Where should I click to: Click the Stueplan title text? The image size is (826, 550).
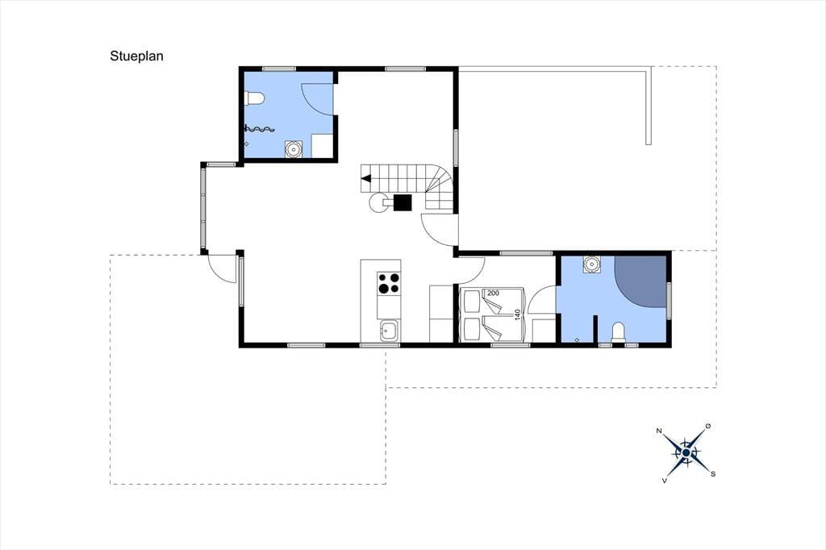(x=136, y=56)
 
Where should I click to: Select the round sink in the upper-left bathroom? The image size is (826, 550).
(x=293, y=148)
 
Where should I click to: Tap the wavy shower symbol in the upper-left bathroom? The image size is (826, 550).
(x=260, y=128)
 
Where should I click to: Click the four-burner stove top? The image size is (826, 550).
(x=388, y=282)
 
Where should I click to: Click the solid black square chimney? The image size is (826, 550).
(x=403, y=202)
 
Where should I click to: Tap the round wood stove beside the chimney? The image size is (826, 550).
(x=378, y=202)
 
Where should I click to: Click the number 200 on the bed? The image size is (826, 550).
(x=493, y=293)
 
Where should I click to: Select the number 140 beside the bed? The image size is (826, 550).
(x=517, y=315)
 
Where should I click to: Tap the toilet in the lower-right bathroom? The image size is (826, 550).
(x=619, y=332)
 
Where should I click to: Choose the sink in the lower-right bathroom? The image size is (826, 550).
(x=592, y=264)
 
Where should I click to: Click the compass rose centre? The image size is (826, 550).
(x=686, y=452)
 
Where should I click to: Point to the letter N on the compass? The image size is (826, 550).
(x=659, y=431)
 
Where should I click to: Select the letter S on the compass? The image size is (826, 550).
(x=713, y=474)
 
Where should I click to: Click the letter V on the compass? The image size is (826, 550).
(x=665, y=481)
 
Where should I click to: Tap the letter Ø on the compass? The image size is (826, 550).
(x=707, y=426)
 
